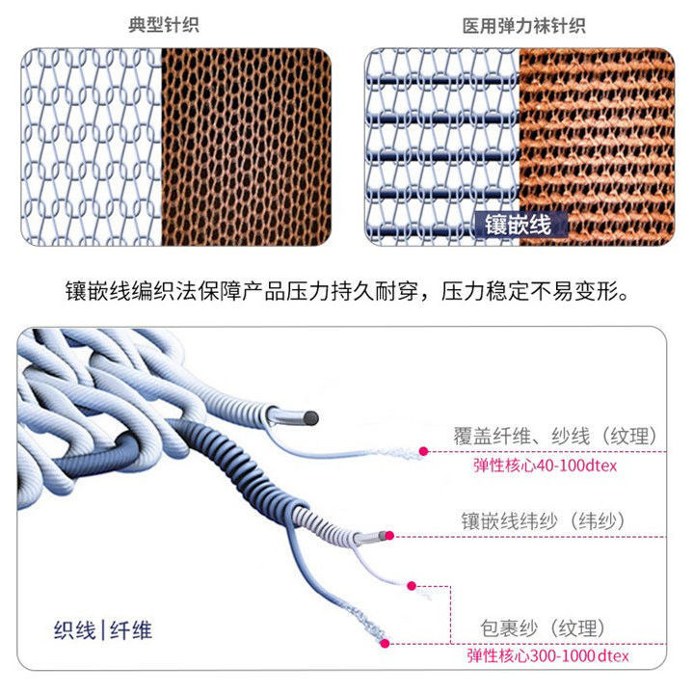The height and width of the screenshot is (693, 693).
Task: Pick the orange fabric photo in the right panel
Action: click(x=596, y=145)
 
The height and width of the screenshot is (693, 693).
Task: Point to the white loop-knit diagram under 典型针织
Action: click(x=91, y=146)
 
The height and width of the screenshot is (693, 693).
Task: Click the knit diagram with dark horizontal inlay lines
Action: click(x=442, y=145)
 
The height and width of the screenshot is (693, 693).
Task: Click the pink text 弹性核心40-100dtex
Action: click(x=544, y=466)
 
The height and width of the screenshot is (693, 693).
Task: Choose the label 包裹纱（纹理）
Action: click(x=544, y=628)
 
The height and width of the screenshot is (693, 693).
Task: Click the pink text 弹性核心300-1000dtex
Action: click(x=547, y=656)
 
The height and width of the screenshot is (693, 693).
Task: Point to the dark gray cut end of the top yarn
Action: click(x=312, y=416)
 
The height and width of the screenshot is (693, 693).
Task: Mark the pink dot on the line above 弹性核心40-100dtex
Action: click(x=423, y=450)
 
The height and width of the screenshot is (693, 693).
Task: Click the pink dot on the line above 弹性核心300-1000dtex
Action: click(x=386, y=641)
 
